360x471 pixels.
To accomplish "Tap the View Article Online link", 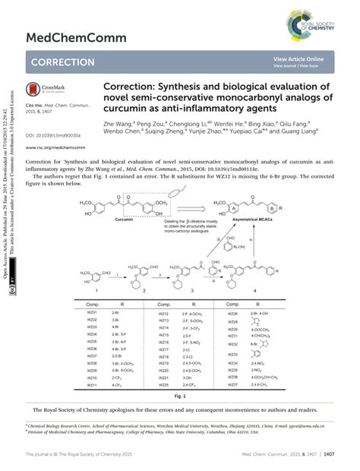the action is [299, 59].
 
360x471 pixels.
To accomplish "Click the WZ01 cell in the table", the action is [92, 312].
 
